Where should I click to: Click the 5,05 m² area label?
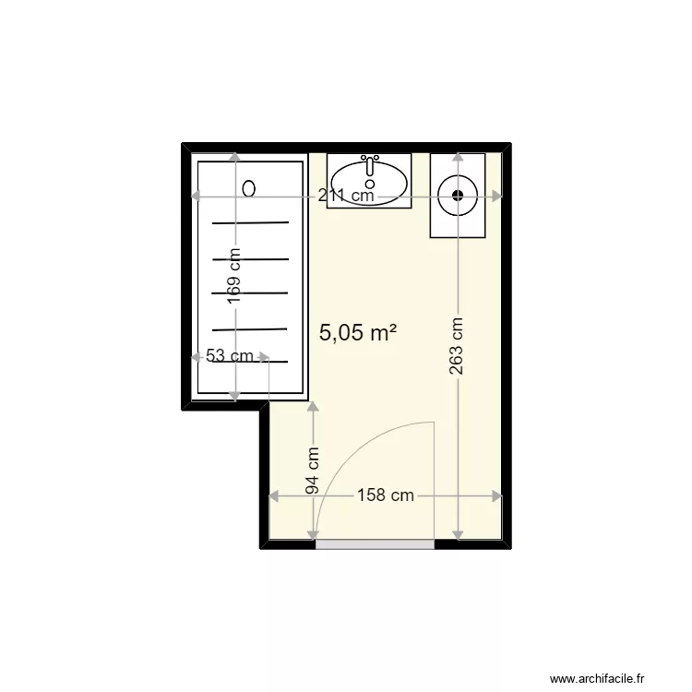(x=357, y=332)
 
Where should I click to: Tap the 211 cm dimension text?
(x=346, y=195)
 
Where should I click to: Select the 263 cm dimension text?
(x=457, y=346)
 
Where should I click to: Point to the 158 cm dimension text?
(x=386, y=495)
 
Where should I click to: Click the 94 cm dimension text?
(x=313, y=471)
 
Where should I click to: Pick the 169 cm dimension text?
(x=234, y=276)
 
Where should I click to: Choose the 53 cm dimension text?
(x=230, y=356)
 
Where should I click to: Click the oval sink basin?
(x=369, y=184)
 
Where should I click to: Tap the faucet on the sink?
(x=370, y=164)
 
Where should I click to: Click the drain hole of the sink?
(x=370, y=184)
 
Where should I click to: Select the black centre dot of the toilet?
(x=458, y=195)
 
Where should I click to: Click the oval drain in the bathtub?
(x=249, y=189)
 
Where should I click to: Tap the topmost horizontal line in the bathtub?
(x=250, y=223)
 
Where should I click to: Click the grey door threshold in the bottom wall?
(x=376, y=544)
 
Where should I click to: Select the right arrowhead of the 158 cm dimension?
(x=497, y=496)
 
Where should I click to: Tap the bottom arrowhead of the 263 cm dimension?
(x=458, y=534)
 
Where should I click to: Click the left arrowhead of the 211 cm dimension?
(x=196, y=196)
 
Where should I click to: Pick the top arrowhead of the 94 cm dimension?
(x=313, y=407)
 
